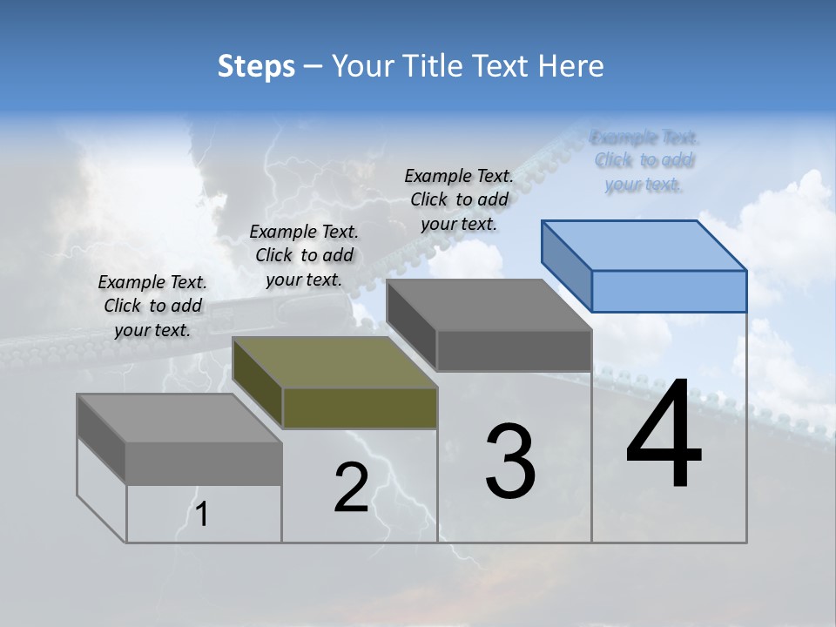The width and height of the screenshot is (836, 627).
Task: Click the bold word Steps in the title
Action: pyautogui.click(x=256, y=66)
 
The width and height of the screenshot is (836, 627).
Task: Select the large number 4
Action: pyautogui.click(x=664, y=435)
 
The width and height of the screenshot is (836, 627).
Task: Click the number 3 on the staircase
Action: pyautogui.click(x=510, y=461)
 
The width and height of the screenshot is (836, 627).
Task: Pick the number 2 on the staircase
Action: pyautogui.click(x=351, y=488)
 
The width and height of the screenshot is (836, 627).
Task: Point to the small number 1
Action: pyautogui.click(x=202, y=515)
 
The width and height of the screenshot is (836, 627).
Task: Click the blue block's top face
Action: pyautogui.click(x=644, y=245)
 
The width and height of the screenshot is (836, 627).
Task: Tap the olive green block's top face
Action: pyautogui.click(x=335, y=362)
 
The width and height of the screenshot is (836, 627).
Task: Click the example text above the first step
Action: pyautogui.click(x=152, y=306)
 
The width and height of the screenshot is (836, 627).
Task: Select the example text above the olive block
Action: pyautogui.click(x=304, y=255)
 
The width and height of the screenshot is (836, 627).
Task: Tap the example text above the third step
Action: pyautogui.click(x=459, y=199)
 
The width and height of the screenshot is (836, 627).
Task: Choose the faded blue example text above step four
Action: pyautogui.click(x=644, y=160)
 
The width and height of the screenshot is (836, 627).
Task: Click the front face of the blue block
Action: pyautogui.click(x=669, y=291)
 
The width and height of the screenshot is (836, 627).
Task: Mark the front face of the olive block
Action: pyautogui.click(x=360, y=408)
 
